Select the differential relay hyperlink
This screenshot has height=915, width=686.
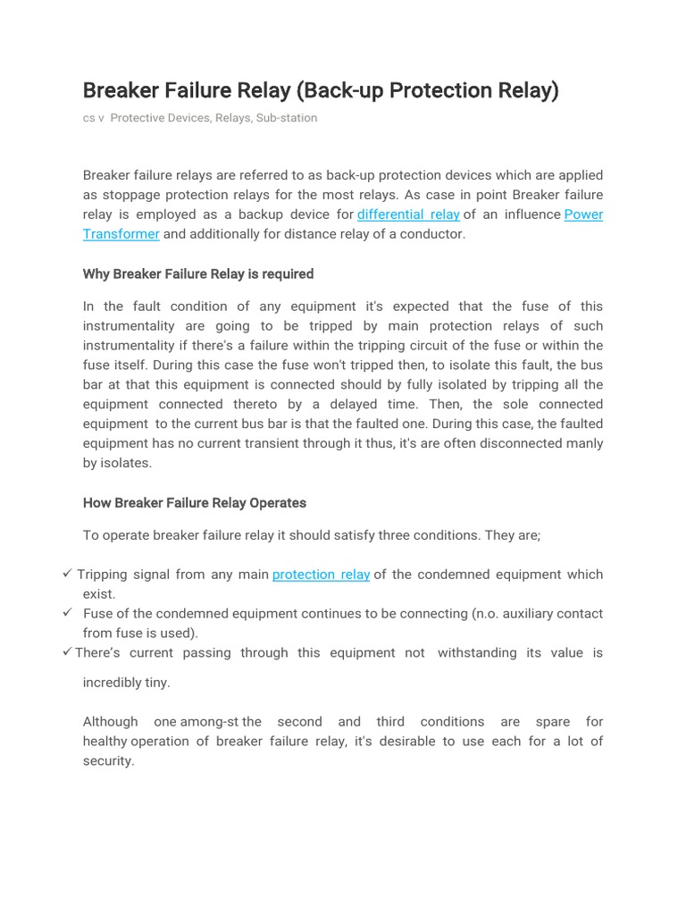[408, 214]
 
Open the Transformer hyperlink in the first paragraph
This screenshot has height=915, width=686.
[121, 234]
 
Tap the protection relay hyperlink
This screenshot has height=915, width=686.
[321, 575]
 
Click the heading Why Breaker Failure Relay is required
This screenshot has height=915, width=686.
[198, 273]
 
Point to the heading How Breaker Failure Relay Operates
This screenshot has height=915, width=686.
[195, 503]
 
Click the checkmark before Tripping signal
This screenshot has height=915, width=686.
[68, 574]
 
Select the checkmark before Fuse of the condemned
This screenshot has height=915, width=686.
[68, 613]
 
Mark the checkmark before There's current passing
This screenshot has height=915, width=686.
[68, 652]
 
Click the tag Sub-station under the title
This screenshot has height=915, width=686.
[287, 118]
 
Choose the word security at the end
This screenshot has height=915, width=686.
[107, 761]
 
